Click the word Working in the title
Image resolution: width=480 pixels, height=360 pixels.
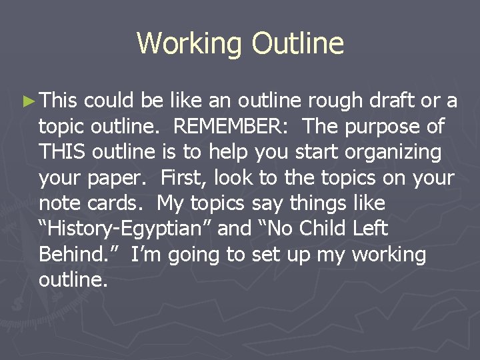[x=191, y=43]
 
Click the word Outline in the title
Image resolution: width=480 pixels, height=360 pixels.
[x=298, y=43]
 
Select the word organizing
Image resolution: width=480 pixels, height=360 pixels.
[x=393, y=152]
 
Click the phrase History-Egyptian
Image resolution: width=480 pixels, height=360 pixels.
[x=125, y=229]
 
